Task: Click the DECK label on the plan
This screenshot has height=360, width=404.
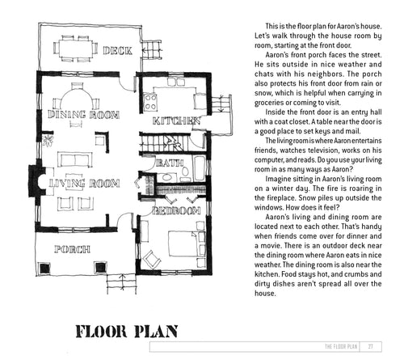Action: pyautogui.click(x=117, y=50)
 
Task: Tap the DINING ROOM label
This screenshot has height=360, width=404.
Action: pyautogui.click(x=83, y=115)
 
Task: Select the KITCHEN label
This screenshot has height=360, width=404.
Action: pyautogui.click(x=176, y=121)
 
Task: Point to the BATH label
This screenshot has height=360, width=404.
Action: pyautogui.click(x=170, y=163)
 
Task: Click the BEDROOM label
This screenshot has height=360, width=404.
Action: pyautogui.click(x=176, y=210)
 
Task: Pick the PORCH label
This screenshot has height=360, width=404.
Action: pyautogui.click(x=72, y=249)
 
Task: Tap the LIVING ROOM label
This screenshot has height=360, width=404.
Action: pyautogui.click(x=84, y=184)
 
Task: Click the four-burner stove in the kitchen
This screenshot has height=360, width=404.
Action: pyautogui.click(x=150, y=102)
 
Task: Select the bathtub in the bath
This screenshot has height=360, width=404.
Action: pyautogui.click(x=200, y=168)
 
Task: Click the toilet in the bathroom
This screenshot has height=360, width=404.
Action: pyautogui.click(x=185, y=172)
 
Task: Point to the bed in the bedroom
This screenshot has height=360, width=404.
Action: pyautogui.click(x=187, y=244)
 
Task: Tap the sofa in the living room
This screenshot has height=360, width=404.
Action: pyautogui.click(x=75, y=159)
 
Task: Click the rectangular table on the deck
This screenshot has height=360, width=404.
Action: pyautogui.click(x=76, y=48)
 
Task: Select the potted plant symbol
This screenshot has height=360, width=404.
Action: pyautogui.click(x=48, y=140)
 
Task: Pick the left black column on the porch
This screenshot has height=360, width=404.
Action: pyautogui.click(x=44, y=268)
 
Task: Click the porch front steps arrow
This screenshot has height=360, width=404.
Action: pyautogui.click(x=123, y=282)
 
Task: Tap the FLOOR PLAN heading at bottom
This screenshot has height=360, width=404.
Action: pyautogui.click(x=126, y=332)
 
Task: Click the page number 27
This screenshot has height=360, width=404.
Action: pyautogui.click(x=371, y=346)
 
